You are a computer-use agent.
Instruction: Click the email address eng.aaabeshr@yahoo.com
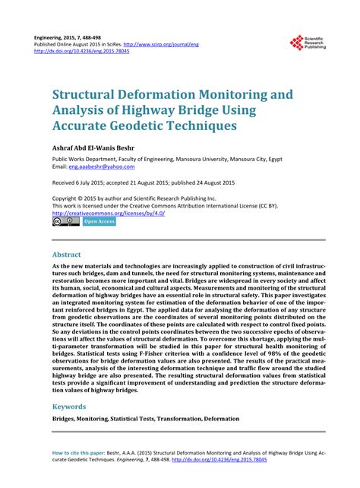click(x=102, y=166)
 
